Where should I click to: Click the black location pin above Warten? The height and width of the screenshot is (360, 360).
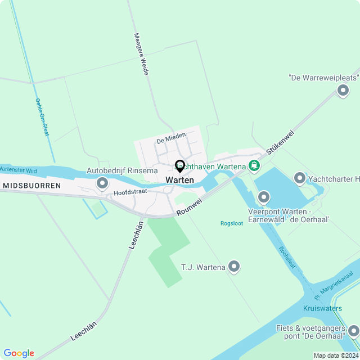(x=180, y=166)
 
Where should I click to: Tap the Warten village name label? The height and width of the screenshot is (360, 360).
(x=180, y=180)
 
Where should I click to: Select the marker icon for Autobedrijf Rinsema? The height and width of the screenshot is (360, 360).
(x=102, y=183)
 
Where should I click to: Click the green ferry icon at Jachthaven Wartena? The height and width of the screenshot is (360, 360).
(x=255, y=166)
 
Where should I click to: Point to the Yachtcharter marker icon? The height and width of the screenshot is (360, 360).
(x=299, y=179)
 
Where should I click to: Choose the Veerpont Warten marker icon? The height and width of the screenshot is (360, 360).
(x=264, y=197)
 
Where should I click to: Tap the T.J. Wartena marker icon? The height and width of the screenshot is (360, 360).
(x=234, y=267)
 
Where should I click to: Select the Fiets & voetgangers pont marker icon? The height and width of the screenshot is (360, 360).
(x=353, y=331)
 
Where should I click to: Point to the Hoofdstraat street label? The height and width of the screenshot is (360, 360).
(x=130, y=192)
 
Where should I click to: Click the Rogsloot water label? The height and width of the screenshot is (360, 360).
(x=231, y=223)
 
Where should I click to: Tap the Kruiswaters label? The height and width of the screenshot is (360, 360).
(x=322, y=308)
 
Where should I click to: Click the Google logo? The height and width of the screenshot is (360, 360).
(x=18, y=353)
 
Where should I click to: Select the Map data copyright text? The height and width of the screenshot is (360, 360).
(x=336, y=355)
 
